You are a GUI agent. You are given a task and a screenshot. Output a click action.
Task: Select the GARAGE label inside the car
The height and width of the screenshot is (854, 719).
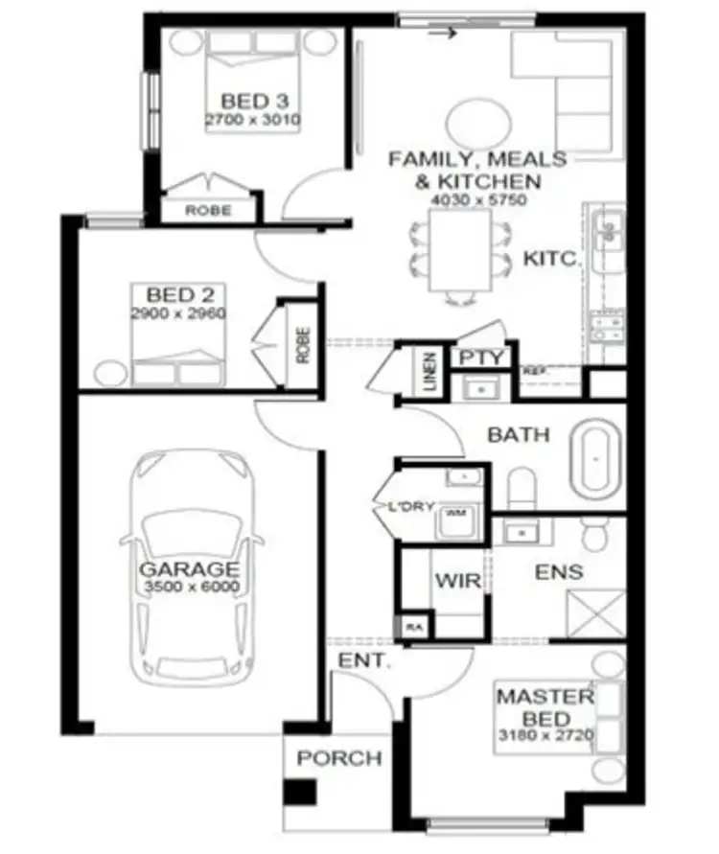[x=190, y=568]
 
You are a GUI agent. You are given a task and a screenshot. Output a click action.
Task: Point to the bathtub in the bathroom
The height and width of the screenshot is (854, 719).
[x=596, y=462]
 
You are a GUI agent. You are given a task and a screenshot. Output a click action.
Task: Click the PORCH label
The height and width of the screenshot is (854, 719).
[x=338, y=759]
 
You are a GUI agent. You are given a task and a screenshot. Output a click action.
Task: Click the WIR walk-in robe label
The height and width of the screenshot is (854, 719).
[x=451, y=581]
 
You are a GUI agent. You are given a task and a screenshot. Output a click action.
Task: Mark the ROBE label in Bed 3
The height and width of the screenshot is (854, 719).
[x=207, y=210]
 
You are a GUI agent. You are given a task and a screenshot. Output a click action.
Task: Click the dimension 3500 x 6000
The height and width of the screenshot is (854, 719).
[x=191, y=588]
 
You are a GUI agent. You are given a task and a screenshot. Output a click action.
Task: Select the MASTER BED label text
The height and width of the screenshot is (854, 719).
[x=545, y=707]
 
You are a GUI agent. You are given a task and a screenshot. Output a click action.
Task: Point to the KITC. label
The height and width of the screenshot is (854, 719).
[x=549, y=258]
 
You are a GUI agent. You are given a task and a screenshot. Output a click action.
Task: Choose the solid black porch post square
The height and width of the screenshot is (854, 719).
[x=303, y=794]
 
